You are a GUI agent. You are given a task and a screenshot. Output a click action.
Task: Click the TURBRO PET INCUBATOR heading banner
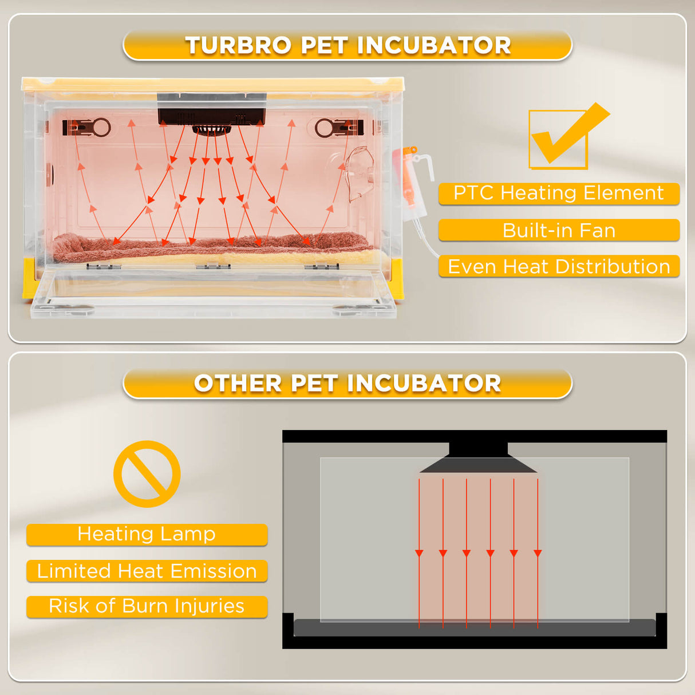347,45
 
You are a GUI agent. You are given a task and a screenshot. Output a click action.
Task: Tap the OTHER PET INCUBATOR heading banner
347,383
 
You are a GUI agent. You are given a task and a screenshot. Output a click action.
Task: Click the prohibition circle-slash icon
147,473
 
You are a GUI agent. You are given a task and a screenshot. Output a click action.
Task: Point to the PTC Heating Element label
559,194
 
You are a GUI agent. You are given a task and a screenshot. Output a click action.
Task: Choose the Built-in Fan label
559,230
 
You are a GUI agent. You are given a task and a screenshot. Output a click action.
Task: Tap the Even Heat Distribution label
559,267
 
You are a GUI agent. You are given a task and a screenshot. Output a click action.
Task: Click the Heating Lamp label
147,534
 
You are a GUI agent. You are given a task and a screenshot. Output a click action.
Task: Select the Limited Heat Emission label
147,571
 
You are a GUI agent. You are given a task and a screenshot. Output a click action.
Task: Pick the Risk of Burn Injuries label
147,606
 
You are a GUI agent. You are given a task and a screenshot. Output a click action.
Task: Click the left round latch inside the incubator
100,127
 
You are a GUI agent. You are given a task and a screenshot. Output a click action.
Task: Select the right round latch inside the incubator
325,128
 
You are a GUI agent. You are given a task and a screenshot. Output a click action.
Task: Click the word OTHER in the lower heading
238,383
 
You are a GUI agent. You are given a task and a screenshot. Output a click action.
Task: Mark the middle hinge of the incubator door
213,266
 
